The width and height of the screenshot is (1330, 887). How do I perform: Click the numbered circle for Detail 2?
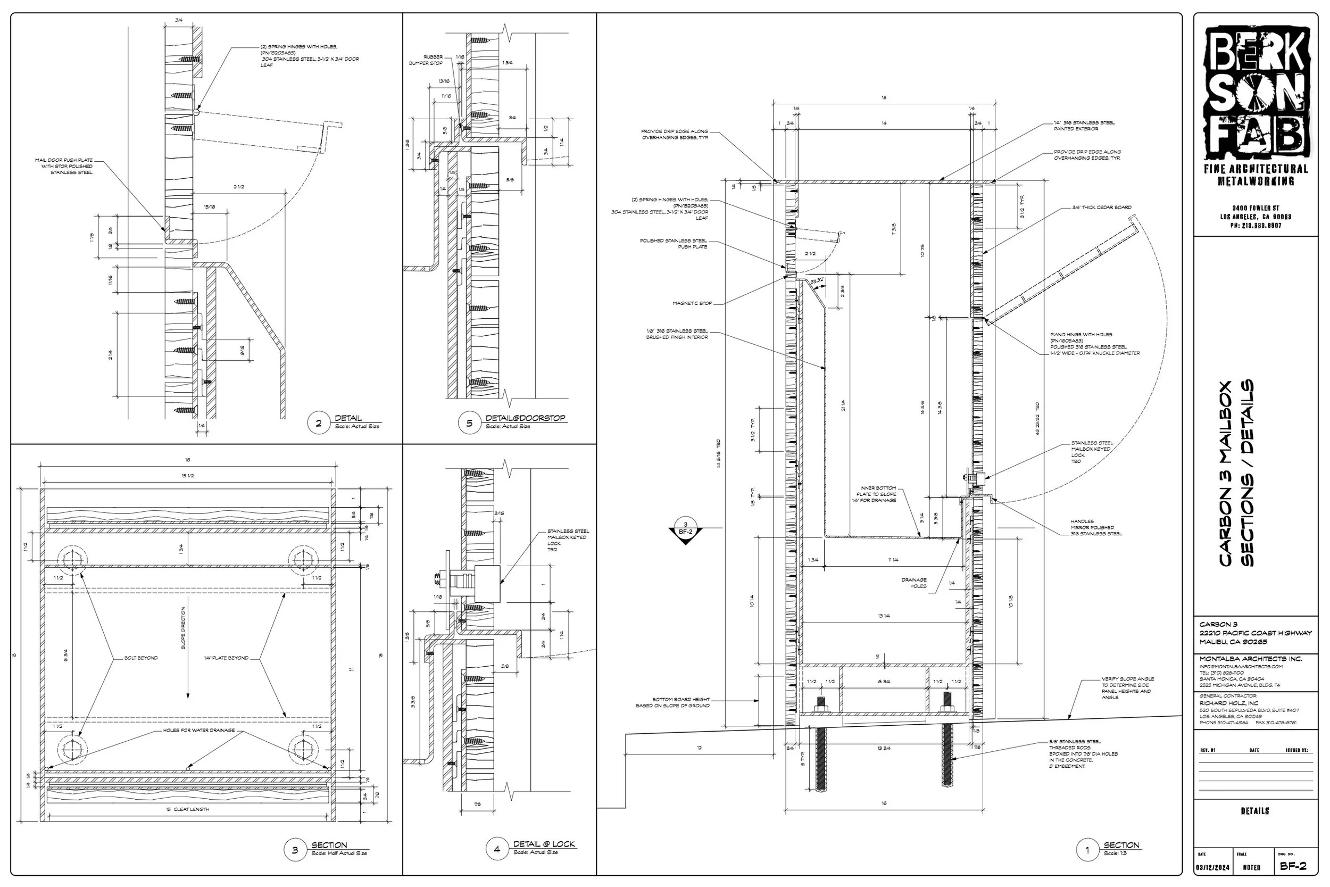point(318,423)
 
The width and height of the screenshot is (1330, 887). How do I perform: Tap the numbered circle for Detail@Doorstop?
point(469,423)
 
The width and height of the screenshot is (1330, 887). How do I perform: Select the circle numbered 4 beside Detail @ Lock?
point(496,849)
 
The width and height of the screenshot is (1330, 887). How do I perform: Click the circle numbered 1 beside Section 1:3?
point(1087,850)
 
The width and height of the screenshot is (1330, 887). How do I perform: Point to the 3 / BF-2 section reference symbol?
point(685,530)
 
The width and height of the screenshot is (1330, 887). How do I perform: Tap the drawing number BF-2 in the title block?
point(1293,866)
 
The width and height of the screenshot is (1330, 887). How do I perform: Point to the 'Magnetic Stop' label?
point(692,303)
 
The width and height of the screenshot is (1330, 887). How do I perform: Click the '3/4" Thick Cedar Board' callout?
point(1102,208)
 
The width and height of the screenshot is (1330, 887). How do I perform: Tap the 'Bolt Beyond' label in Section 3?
point(141,658)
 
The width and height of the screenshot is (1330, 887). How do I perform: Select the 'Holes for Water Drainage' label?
point(198,731)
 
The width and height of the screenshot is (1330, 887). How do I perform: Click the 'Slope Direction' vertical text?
point(183,628)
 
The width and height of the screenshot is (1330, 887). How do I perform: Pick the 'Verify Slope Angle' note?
point(1127,688)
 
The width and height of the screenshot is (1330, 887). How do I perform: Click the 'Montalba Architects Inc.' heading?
point(1250,658)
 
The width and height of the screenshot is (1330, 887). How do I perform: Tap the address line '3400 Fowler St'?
point(1256,208)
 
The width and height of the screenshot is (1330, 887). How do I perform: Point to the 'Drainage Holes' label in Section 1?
point(914,583)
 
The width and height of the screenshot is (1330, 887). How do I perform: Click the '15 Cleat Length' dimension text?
point(188,809)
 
